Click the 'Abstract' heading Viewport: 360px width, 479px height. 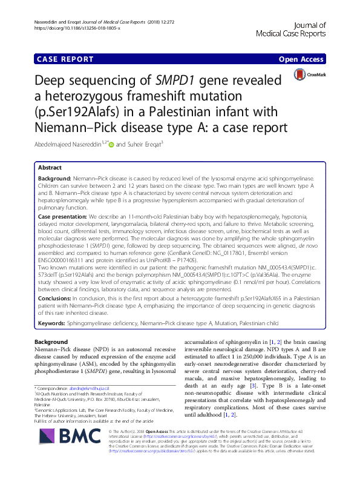point(50,168)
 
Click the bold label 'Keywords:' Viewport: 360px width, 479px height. point(52,324)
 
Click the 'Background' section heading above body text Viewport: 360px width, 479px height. point(51,342)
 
